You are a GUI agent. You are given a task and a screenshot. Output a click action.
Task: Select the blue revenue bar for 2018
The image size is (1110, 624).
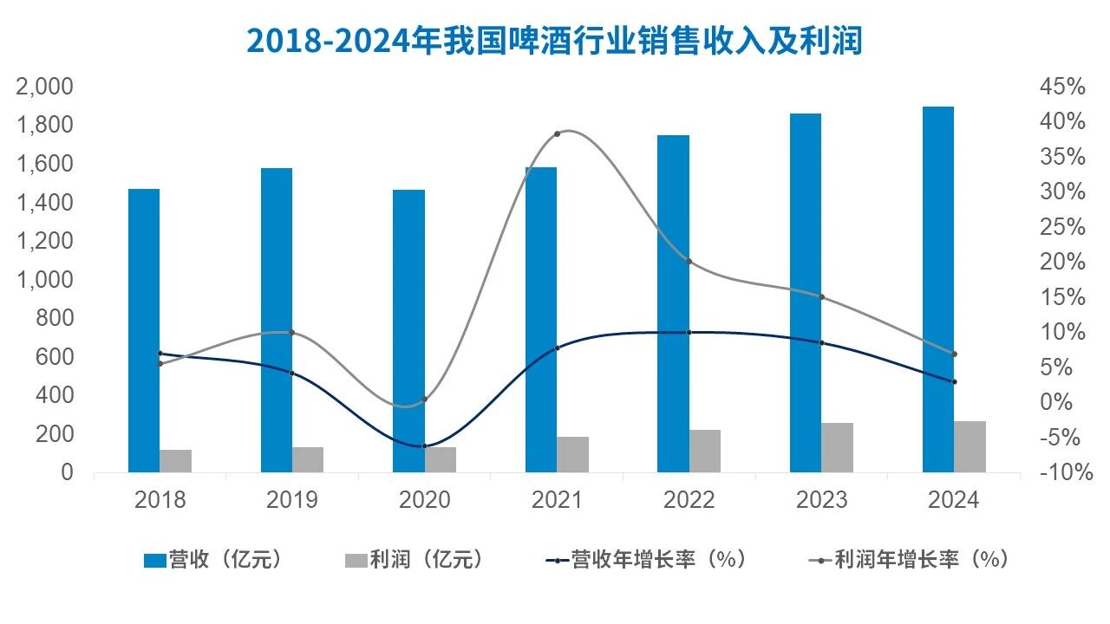(144, 329)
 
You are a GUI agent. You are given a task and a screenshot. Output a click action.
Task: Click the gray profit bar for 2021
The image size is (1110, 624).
(572, 454)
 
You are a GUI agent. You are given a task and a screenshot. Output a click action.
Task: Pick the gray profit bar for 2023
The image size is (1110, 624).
(838, 447)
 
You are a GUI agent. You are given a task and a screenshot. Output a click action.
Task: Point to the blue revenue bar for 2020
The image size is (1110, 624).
(408, 330)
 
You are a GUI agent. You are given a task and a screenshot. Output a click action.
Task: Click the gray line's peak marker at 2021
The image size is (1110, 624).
(557, 133)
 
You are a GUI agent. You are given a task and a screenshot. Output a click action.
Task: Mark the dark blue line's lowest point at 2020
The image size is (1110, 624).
(424, 446)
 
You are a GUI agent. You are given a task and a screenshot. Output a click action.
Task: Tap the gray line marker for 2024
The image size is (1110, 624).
(954, 354)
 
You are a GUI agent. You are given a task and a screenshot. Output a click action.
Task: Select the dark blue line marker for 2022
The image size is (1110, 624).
(689, 332)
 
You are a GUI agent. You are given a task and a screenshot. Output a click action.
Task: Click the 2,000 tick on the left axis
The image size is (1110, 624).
(43, 87)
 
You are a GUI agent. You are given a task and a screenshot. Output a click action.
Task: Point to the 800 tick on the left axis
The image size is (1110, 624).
(54, 318)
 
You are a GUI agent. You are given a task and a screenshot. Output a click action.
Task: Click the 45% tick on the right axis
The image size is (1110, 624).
(1062, 87)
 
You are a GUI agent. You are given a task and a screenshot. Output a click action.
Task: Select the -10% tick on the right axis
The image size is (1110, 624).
(1062, 472)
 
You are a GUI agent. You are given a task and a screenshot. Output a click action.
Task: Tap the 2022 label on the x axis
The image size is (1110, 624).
(689, 500)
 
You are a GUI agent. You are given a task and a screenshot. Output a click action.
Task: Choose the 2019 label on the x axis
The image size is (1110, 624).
(292, 500)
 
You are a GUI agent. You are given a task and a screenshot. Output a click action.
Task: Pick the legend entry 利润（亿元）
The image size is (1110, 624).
(415, 560)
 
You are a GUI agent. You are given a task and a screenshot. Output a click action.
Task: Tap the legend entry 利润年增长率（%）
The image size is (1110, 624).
(910, 560)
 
